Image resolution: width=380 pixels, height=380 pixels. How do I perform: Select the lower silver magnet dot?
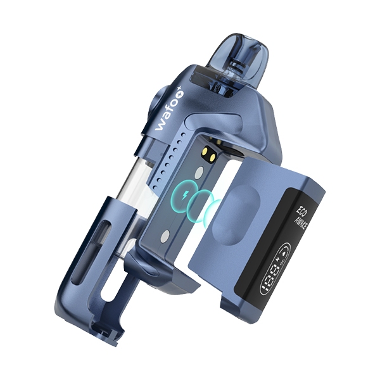tap(166, 236)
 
